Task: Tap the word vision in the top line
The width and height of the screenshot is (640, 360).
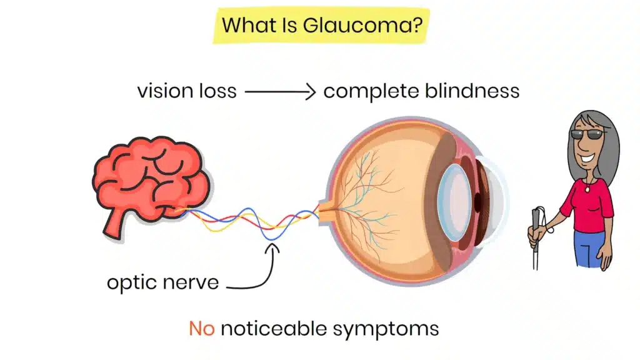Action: coord(164,91)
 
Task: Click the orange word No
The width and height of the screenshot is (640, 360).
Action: coord(202,328)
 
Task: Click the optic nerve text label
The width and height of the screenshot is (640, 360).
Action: coord(162,282)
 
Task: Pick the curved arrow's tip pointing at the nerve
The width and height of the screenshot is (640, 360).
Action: coord(274,246)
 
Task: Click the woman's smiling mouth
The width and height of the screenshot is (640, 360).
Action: coord(589,150)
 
